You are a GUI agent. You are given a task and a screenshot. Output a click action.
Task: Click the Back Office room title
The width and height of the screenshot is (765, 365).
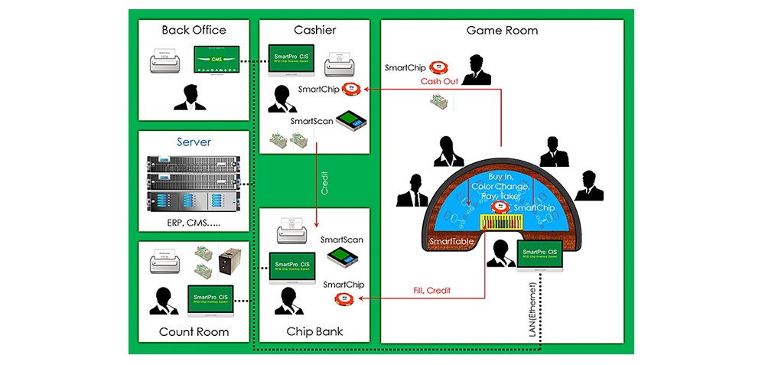click(x=194, y=30)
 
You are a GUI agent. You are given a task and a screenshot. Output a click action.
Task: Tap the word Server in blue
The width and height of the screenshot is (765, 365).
click(x=194, y=142)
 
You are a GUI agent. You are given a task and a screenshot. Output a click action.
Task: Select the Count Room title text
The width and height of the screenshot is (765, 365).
click(x=194, y=332)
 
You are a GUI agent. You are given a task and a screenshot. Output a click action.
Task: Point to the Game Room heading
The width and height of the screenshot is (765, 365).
click(x=502, y=31)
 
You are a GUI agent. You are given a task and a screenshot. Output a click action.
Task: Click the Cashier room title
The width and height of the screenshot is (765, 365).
click(x=314, y=30)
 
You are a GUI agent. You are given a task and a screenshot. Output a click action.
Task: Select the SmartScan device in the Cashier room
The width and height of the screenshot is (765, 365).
click(x=352, y=122)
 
